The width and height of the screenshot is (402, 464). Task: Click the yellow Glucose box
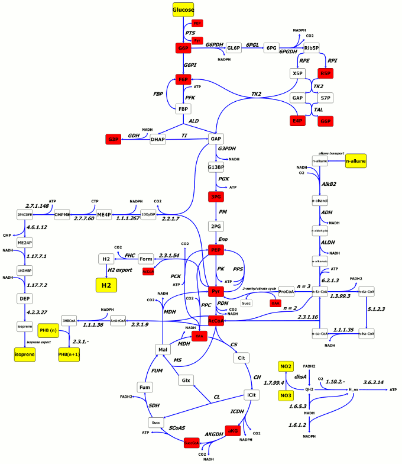click(183, 10)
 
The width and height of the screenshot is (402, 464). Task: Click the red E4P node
click(297, 121)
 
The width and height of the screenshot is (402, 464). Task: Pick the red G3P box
click(114, 139)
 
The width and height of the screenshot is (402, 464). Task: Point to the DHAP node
click(158, 139)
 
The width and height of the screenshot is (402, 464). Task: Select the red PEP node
click(216, 250)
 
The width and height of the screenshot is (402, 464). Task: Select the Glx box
click(186, 380)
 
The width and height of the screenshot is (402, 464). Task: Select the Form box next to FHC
click(146, 259)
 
